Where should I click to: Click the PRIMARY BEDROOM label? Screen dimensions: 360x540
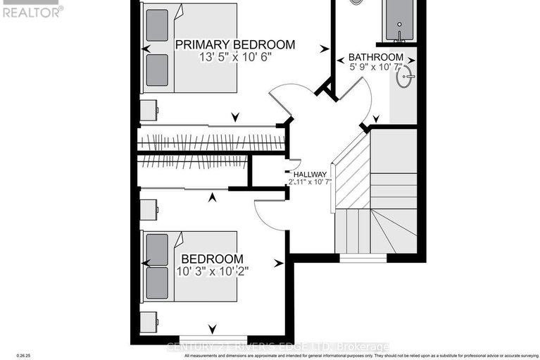click(234, 44)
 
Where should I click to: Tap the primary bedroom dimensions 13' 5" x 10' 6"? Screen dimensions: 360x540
click(234, 58)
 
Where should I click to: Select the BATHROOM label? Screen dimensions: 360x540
click(376, 57)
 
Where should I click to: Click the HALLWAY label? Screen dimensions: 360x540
click(310, 175)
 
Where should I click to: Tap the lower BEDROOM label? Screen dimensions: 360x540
click(212, 259)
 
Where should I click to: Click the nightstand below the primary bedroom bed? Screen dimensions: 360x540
click(148, 110)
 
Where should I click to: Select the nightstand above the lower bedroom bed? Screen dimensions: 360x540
click(148, 209)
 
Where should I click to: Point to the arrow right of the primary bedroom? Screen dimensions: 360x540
click(324, 49)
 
